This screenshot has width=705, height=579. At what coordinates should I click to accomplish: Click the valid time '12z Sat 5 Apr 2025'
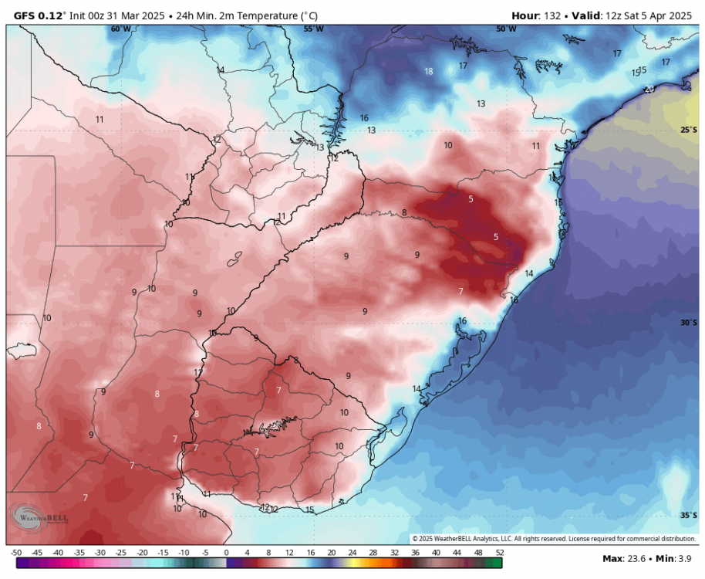pos(648,15)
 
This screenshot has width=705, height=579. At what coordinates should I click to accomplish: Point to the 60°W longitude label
pos(120,29)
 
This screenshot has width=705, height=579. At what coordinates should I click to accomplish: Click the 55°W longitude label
pos(313,29)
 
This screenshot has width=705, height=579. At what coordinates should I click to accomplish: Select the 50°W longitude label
pos(506,29)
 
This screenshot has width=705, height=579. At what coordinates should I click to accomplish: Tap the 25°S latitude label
pos(689,130)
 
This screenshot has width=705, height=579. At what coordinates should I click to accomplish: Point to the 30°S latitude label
pos(689,323)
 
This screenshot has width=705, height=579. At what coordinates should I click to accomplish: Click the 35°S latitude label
pos(689,515)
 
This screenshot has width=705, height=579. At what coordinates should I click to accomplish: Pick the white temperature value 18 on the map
pos(429,72)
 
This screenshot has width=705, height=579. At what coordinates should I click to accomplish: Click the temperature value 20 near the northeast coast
pos(649,89)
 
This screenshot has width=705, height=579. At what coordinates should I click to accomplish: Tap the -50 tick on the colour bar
pos(15,553)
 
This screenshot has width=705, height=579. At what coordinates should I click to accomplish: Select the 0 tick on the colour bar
pos(226,553)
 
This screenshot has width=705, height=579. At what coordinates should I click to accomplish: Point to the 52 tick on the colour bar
pos(500,553)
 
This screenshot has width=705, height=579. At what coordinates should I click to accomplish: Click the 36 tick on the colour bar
pos(416,553)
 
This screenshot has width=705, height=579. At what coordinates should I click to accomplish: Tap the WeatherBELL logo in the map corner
pos(39,518)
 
